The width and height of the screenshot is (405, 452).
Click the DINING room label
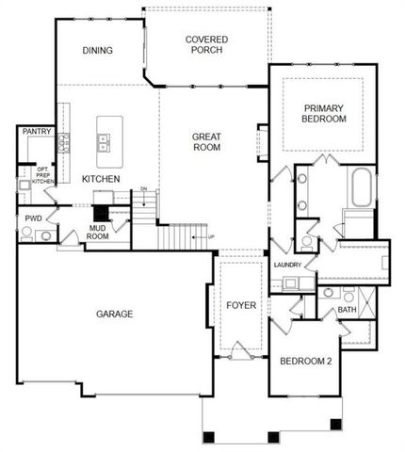[99, 50]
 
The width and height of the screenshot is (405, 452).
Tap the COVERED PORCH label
[207, 44]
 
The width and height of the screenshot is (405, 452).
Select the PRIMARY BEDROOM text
[324, 113]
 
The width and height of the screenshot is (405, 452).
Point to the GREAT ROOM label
[206, 142]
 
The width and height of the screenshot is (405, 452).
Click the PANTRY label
[36, 133]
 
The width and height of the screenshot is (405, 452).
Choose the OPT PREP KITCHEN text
[43, 174]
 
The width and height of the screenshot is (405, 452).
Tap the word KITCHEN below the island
[100, 179]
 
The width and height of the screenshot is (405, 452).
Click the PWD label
[33, 218]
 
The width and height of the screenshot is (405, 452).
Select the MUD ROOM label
[98, 232]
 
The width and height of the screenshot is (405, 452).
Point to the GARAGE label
[113, 314]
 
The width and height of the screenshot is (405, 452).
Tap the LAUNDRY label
[286, 266]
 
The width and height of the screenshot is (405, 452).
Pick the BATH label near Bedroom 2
[347, 309]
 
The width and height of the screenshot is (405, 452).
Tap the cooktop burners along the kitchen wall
[65, 143]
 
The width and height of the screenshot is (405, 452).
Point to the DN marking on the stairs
[143, 189]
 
